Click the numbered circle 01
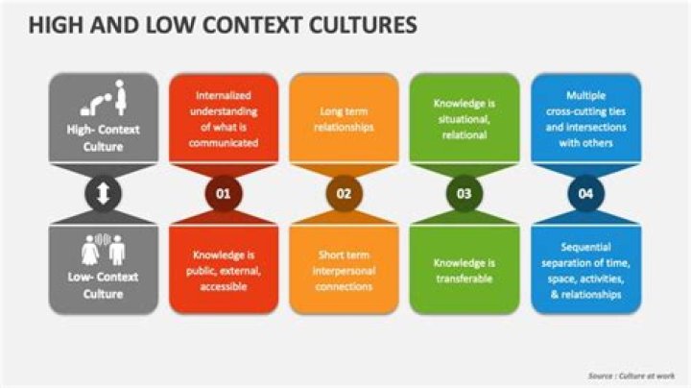tap(224, 194)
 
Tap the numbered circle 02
tap(344, 194)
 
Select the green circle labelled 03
tap(464, 194)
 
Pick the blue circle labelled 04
tap(584, 194)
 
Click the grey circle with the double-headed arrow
tap(103, 194)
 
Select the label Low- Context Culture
tap(103, 285)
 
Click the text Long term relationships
tap(344, 119)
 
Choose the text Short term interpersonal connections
tap(344, 269)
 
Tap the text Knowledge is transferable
tap(464, 270)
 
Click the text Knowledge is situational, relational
tap(464, 120)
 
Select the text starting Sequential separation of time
tap(585, 270)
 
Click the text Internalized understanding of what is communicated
tap(224, 119)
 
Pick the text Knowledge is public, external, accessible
tap(224, 270)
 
